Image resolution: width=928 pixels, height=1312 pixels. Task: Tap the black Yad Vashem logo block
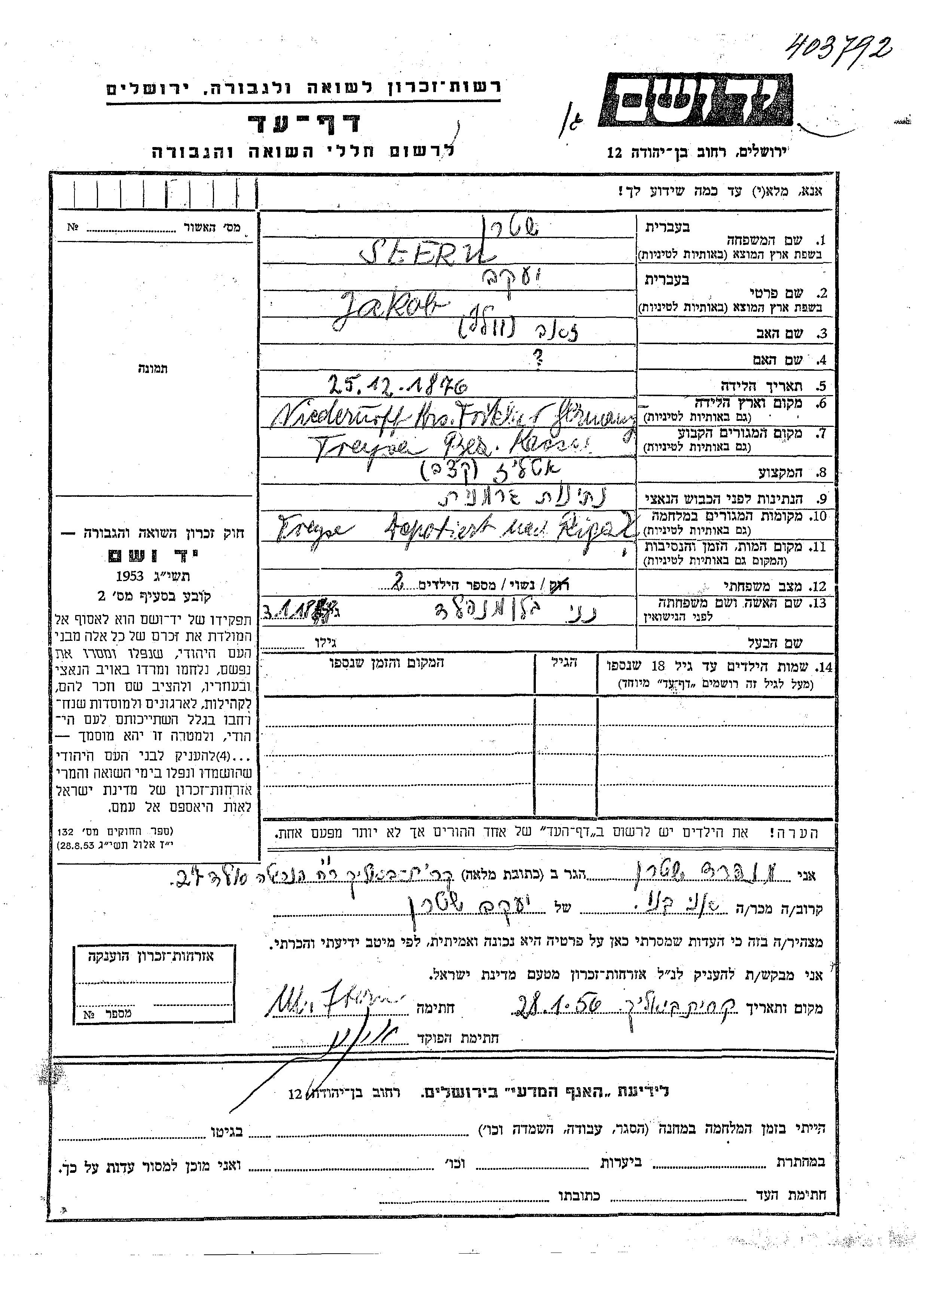(x=695, y=100)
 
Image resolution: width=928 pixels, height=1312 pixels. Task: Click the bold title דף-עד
(x=304, y=122)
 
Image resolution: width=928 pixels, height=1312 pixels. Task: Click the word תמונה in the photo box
(x=153, y=368)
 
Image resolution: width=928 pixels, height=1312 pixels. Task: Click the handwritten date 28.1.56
(x=558, y=1006)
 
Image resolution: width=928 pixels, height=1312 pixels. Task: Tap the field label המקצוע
(x=780, y=472)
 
